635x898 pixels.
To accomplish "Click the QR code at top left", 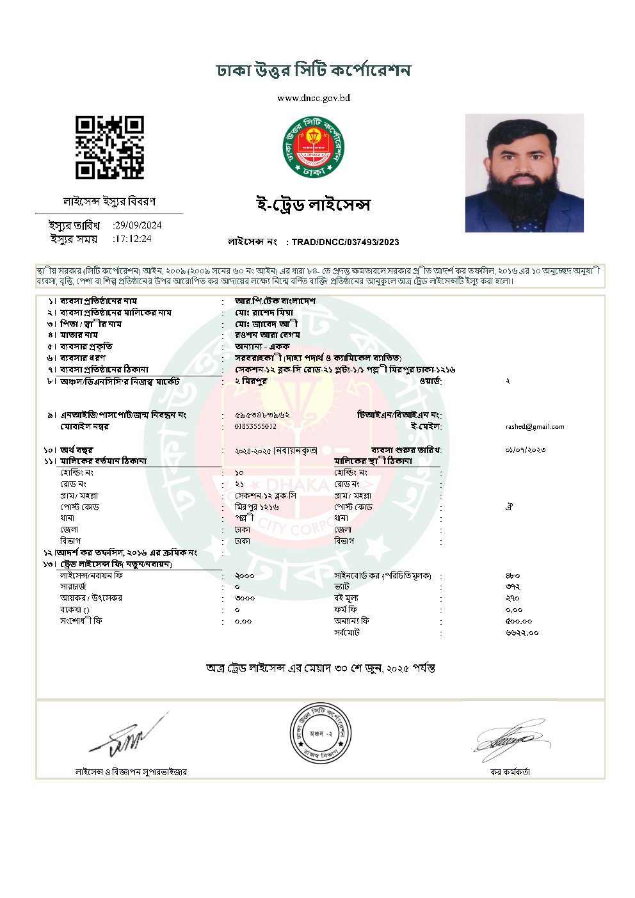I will (109, 147).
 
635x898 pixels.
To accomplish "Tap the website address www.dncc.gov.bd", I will (314, 99).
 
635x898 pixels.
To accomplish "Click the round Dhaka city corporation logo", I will (314, 147).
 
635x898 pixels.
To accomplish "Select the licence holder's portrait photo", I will (524, 173).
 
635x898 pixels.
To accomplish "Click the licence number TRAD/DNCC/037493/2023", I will (345, 242).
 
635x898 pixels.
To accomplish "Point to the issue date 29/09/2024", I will (138, 225).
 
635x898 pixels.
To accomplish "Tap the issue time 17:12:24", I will (133, 239).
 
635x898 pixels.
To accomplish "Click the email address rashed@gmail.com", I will (535, 427).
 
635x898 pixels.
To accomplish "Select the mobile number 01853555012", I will (256, 426).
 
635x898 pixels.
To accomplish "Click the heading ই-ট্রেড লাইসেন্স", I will (312, 205).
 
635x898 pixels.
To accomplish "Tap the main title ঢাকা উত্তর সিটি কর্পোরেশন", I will (314, 70).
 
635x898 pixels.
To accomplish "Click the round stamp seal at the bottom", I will (321, 732).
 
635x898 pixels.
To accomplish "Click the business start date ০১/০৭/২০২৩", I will (525, 450).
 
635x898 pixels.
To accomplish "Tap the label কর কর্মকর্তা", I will (510, 772).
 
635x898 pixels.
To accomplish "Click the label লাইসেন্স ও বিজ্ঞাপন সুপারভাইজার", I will (131, 772).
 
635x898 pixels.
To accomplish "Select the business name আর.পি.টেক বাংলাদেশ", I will (275, 301).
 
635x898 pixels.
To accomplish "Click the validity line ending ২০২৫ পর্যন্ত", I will (320, 668).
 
